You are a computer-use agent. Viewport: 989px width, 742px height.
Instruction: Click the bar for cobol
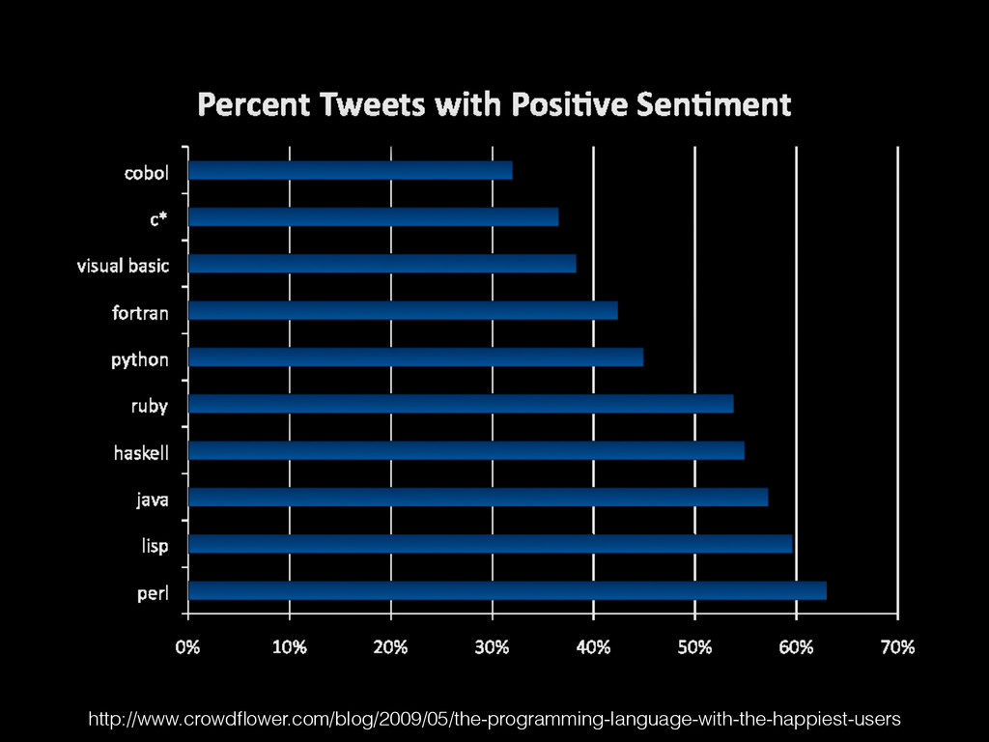(350, 171)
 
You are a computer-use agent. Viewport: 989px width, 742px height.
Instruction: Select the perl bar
(507, 590)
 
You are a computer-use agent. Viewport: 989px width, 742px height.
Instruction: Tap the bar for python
(415, 357)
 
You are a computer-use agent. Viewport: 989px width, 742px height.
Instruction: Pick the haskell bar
(466, 450)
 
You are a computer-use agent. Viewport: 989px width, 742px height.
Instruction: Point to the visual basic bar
(381, 264)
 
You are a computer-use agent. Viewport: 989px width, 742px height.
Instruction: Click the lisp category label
(155, 546)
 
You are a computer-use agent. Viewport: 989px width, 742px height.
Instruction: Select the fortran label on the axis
(140, 312)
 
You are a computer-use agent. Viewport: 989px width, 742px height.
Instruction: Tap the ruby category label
(150, 406)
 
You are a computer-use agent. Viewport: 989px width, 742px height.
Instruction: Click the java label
(152, 499)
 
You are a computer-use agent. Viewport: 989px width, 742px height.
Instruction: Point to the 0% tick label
(187, 647)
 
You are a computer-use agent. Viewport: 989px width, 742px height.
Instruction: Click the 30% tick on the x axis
(492, 647)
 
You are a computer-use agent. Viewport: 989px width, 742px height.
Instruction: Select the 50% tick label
(694, 647)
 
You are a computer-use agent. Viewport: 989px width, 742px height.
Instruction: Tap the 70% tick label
(897, 647)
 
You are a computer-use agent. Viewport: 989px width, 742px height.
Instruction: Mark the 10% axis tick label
(289, 647)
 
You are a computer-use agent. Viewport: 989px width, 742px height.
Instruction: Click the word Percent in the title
(252, 104)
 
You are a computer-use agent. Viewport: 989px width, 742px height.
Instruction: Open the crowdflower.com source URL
(494, 719)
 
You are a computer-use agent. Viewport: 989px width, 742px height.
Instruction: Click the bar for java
(478, 497)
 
